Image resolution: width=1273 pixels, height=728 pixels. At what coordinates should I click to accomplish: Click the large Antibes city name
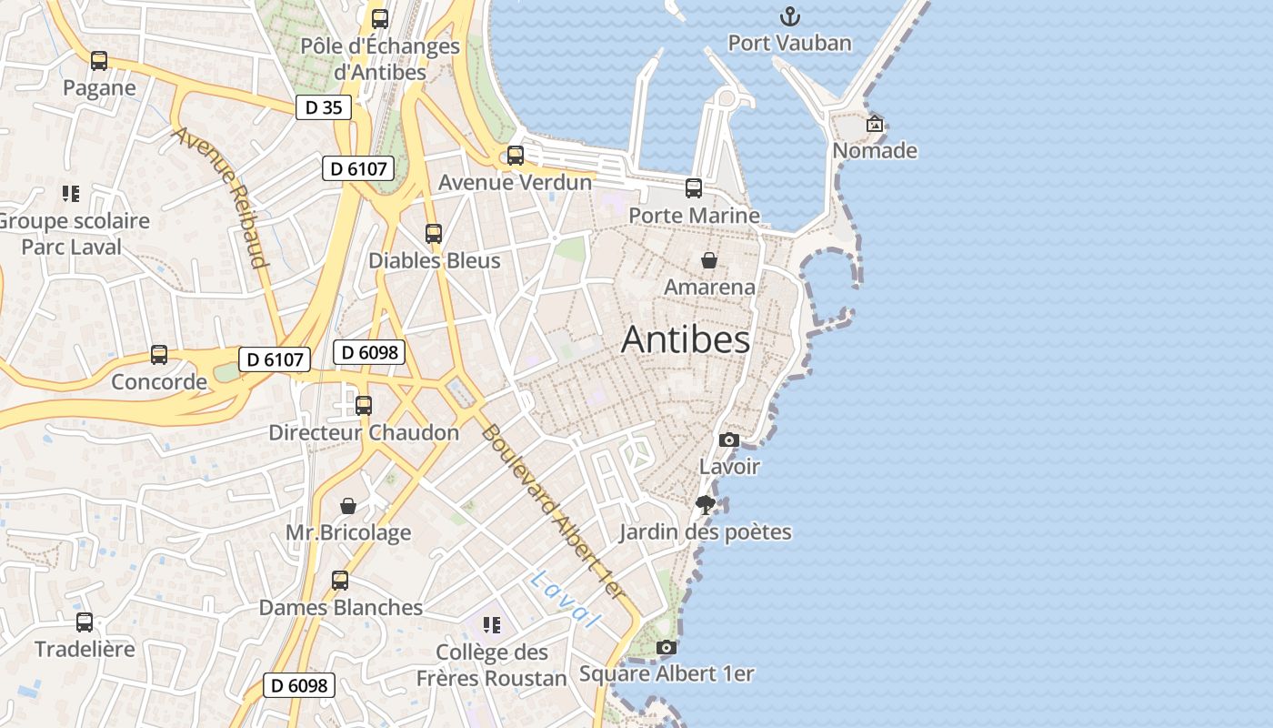[686, 340]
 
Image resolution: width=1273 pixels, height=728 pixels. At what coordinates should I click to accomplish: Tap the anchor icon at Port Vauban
[790, 15]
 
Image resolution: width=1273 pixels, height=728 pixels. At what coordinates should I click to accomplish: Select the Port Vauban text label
[790, 43]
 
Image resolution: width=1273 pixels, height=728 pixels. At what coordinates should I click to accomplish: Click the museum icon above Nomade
[875, 124]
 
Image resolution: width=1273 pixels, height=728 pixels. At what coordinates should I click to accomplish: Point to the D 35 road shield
[324, 107]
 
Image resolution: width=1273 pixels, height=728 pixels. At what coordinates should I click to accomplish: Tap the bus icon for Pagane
[99, 61]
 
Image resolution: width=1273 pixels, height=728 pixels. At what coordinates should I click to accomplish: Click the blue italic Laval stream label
[566, 599]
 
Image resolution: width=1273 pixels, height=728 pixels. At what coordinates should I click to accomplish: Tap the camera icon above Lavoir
[728, 440]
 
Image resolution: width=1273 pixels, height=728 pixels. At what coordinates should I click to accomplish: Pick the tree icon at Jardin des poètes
[705, 504]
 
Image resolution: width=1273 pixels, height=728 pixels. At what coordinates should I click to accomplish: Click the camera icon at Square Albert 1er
[667, 647]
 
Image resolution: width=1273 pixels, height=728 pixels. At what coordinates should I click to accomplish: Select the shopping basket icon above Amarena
[709, 260]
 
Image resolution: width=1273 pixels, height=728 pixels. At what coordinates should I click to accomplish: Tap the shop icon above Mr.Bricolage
[348, 505]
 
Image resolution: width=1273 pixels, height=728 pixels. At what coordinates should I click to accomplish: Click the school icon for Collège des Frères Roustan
[492, 624]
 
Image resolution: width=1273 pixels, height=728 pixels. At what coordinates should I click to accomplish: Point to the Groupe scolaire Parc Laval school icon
[71, 193]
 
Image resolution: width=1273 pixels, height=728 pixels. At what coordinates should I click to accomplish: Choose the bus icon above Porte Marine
[694, 188]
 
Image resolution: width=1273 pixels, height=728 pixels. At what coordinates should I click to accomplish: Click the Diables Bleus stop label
[434, 260]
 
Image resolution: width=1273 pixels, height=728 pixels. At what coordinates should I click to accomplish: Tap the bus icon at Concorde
[159, 354]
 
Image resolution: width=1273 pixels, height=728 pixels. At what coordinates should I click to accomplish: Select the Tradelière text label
[85, 649]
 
